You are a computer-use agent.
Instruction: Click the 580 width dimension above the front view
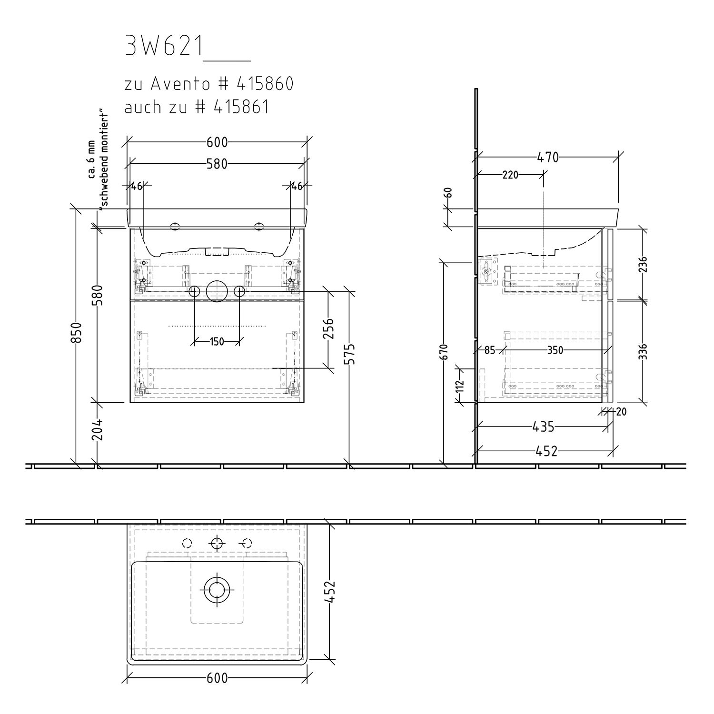coord(217,164)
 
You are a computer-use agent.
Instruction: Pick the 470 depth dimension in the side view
coord(548,157)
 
